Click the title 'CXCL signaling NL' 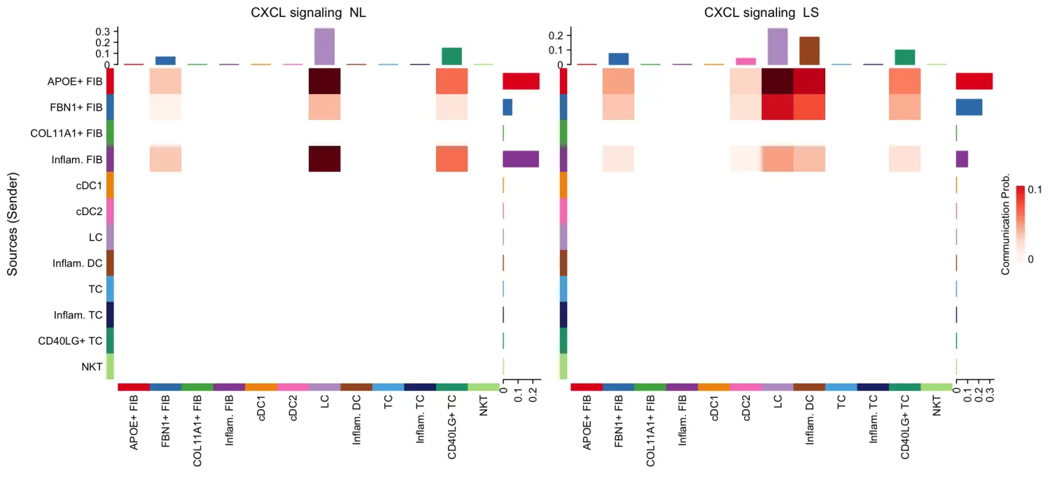[x=308, y=13]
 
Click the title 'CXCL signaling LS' [x=761, y=13]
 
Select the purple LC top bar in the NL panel [x=324, y=46]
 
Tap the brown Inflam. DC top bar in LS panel [x=809, y=50]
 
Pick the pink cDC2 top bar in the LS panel [x=745, y=61]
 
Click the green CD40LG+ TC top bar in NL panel [x=451, y=56]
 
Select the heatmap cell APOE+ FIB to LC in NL [x=324, y=81]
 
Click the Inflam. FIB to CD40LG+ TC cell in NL [x=451, y=158]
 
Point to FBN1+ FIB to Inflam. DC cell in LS [x=809, y=107]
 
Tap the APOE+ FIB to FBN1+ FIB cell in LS [x=618, y=81]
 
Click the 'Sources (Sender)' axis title [x=12, y=224]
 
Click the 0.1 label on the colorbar [x=1035, y=189]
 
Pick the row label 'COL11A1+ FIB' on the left [x=66, y=133]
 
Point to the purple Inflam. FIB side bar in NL [x=521, y=159]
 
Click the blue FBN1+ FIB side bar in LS [x=969, y=107]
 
